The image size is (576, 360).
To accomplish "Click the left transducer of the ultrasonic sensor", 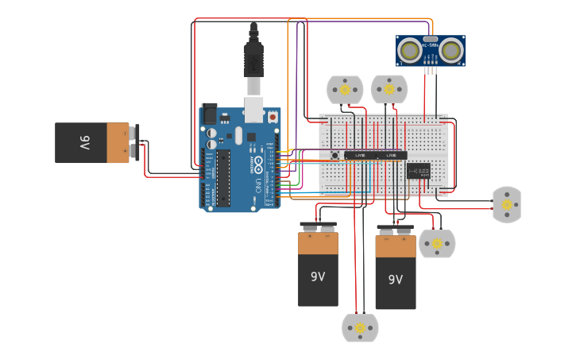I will [410, 51].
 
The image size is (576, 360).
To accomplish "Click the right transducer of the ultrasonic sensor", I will [452, 51].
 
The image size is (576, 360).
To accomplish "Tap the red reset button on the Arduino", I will [273, 117].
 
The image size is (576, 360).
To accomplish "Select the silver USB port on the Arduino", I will [254, 110].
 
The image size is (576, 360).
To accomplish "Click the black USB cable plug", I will [254, 60].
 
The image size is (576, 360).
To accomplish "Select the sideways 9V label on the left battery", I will [83, 143].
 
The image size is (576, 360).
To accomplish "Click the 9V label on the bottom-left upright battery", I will [318, 277].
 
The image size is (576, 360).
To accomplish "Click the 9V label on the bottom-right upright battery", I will [395, 280].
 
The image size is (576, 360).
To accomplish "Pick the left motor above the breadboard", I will [345, 90].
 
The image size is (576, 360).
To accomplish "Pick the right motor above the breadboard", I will [389, 90].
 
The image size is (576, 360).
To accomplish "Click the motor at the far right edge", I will [507, 204].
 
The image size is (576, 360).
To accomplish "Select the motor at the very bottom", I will [360, 327].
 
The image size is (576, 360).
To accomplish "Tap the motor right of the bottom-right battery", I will [437, 243].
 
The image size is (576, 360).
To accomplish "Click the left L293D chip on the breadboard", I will [360, 156].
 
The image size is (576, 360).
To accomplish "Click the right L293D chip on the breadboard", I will [391, 156].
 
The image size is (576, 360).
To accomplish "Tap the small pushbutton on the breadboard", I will [335, 155].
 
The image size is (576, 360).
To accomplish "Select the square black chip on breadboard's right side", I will [418, 171].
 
